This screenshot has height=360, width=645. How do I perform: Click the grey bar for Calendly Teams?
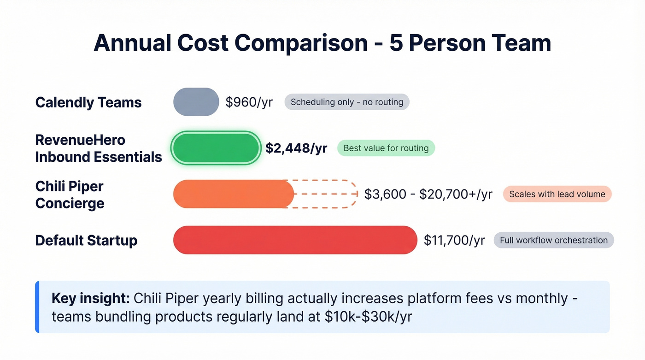click(x=196, y=102)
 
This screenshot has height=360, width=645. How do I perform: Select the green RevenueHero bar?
click(x=216, y=148)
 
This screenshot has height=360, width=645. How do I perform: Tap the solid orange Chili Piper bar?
click(x=233, y=194)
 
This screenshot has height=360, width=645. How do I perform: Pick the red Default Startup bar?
click(x=295, y=240)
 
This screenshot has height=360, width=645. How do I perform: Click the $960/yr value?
click(x=249, y=102)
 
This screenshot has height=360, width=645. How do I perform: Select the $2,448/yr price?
click(x=296, y=148)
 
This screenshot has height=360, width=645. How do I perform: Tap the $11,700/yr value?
click(x=454, y=240)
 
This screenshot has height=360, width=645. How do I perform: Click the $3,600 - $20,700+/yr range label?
click(x=428, y=194)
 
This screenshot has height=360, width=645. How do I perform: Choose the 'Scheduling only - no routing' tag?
click(x=346, y=102)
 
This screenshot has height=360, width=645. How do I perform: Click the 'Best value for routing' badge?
click(x=386, y=148)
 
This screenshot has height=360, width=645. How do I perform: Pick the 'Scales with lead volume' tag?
click(x=557, y=194)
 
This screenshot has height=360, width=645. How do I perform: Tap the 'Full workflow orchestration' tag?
click(x=554, y=240)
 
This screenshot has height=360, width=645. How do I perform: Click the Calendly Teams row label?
click(x=88, y=102)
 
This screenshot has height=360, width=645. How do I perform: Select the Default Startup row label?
click(x=86, y=240)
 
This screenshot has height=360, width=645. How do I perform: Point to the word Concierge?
click(x=70, y=203)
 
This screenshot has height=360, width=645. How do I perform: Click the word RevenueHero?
click(x=80, y=140)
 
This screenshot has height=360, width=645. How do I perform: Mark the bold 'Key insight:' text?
click(x=90, y=298)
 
